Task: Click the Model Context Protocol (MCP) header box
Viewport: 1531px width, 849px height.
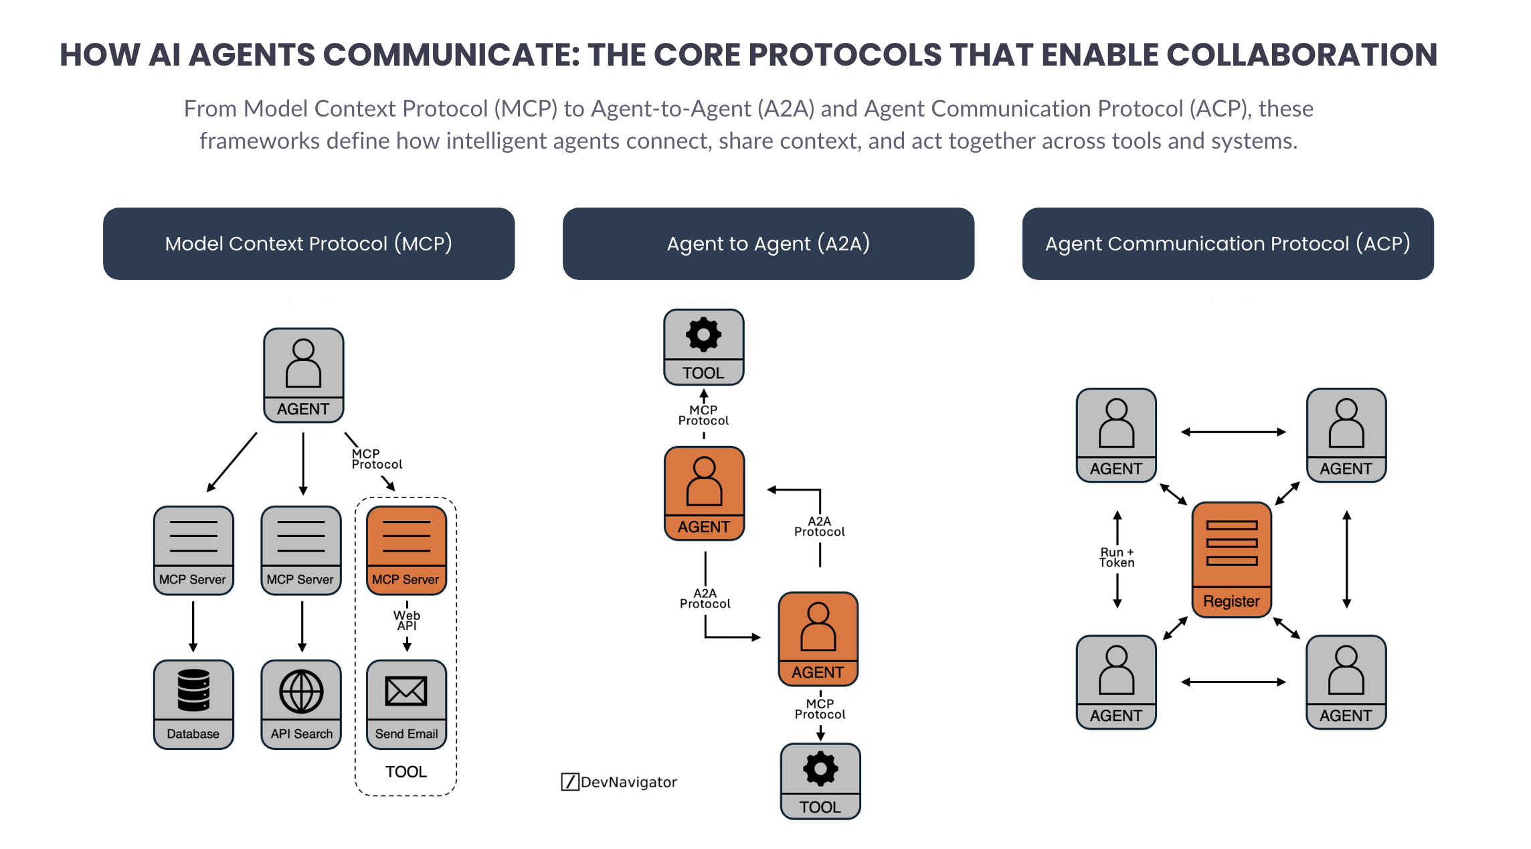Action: [x=308, y=244]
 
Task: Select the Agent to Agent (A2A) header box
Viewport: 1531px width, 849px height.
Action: [x=768, y=244]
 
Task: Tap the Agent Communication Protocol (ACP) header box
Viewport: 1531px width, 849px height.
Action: [x=1227, y=244]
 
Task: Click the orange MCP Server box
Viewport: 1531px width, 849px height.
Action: [x=406, y=550]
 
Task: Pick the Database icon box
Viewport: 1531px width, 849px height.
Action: [x=193, y=704]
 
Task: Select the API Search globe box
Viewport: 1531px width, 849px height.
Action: [x=301, y=704]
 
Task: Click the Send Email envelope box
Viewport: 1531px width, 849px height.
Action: [x=406, y=704]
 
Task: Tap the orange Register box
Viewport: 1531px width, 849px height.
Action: [x=1231, y=559]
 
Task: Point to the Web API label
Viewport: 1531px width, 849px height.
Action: [x=407, y=620]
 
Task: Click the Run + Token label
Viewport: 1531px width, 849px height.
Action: [x=1117, y=557]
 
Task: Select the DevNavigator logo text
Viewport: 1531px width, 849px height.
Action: [x=628, y=782]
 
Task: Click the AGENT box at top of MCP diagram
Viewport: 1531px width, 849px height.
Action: [x=303, y=375]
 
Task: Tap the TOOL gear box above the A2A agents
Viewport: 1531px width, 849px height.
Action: [x=703, y=347]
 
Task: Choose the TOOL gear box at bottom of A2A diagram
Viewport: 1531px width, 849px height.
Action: [x=820, y=781]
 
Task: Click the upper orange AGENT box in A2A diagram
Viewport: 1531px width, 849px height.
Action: [x=704, y=493]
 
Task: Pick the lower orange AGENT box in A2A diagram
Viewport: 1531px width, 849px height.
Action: [x=818, y=639]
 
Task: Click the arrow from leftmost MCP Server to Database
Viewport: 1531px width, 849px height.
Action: [x=193, y=626]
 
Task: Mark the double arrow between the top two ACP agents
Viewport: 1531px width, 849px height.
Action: [x=1233, y=433]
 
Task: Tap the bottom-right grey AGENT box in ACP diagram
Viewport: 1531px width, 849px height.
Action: [x=1346, y=682]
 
